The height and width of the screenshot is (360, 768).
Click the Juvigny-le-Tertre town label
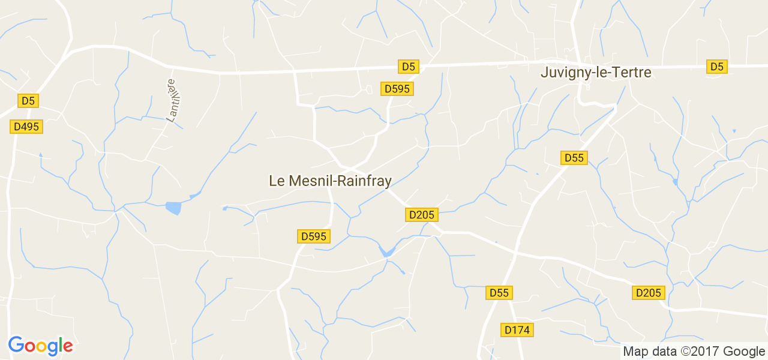[x=596, y=73]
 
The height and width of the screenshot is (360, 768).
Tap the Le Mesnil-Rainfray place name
[x=330, y=181]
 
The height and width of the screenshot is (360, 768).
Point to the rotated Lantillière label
[x=174, y=100]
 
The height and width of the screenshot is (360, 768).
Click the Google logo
[x=40, y=346]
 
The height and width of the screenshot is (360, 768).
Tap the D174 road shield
[x=518, y=330]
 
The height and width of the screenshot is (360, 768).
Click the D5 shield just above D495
[x=28, y=101]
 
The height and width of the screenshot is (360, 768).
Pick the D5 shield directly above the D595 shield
[x=408, y=67]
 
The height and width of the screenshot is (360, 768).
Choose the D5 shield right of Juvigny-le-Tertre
[x=717, y=67]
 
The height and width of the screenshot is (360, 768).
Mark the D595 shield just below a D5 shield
[x=397, y=89]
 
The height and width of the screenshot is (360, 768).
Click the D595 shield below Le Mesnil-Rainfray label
[x=313, y=236]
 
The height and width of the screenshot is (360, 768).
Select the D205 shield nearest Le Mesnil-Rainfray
[x=422, y=215]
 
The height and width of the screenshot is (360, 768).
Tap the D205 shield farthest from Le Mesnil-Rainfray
[x=649, y=293]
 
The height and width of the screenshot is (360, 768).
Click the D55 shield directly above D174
[x=499, y=293]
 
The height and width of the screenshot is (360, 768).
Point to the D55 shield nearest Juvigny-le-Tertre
[x=574, y=158]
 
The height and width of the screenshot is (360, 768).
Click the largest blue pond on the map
[x=173, y=208]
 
